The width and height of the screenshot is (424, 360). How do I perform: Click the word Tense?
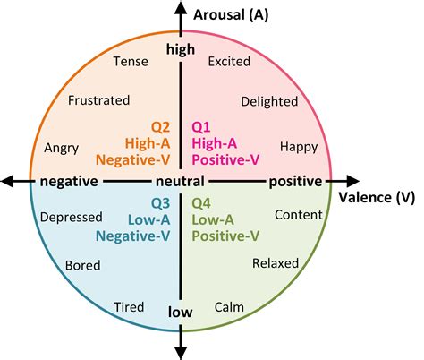point(131,61)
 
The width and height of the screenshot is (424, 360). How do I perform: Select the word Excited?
point(229,62)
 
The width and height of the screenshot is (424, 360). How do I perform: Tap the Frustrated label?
point(99,100)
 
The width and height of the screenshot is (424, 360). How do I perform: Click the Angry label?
point(63,146)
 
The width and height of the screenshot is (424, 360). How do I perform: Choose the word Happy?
point(298,146)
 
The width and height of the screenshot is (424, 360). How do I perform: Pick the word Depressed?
point(71,216)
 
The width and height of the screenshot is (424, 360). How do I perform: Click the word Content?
point(298,215)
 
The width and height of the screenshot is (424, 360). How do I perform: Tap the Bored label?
point(83,264)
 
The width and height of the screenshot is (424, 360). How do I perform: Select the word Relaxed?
point(275,263)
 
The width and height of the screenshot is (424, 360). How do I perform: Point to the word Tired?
point(129,307)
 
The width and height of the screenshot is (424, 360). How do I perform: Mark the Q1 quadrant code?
point(205,125)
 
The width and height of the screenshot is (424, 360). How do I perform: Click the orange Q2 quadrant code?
point(160,125)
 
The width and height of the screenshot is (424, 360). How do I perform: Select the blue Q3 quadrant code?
point(160,202)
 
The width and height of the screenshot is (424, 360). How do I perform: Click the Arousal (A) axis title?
point(231,13)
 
